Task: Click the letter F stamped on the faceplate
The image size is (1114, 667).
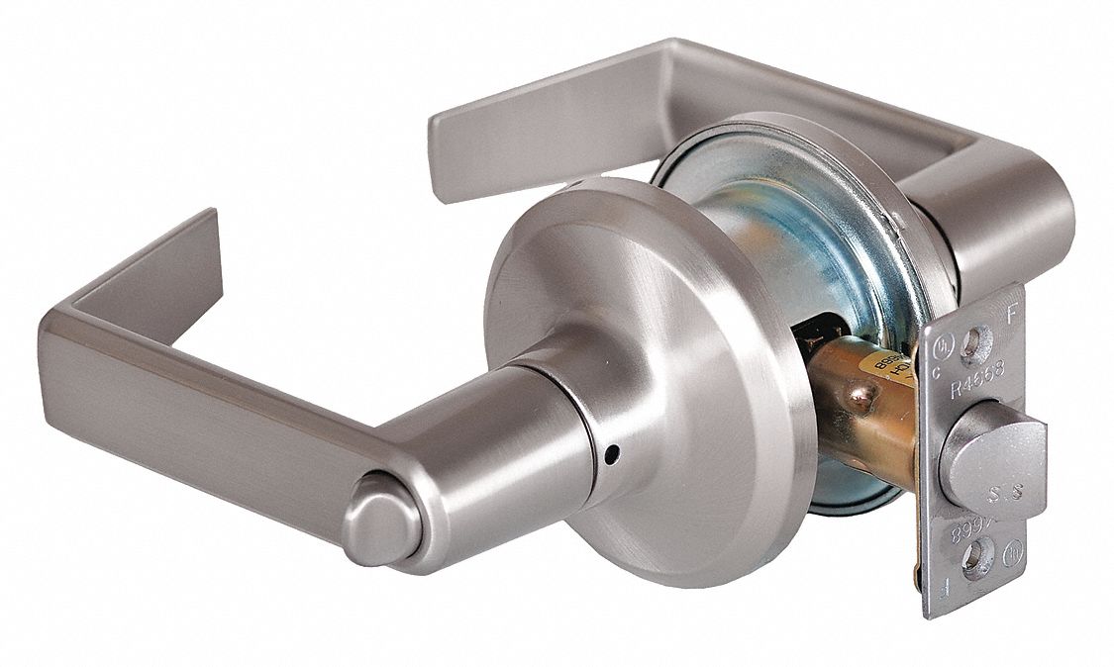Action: [x=1010, y=318]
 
